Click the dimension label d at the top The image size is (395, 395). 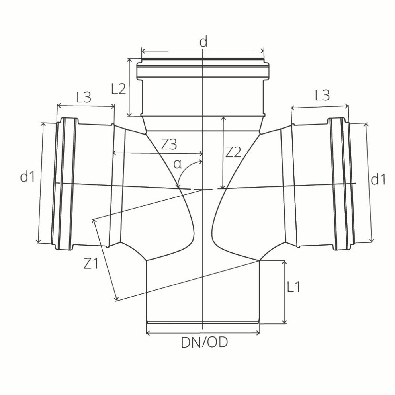(x=203, y=42)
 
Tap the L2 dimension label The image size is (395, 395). (x=119, y=88)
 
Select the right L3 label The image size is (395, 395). (x=322, y=96)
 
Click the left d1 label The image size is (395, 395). (x=27, y=178)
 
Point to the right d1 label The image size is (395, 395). (x=378, y=180)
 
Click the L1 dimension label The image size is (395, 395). (x=293, y=287)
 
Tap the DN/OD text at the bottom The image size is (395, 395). (x=205, y=342)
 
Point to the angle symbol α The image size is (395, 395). (x=177, y=164)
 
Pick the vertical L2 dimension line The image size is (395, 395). (x=129, y=87)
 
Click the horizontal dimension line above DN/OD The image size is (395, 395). (x=203, y=333)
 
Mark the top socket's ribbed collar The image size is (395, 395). (x=203, y=70)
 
